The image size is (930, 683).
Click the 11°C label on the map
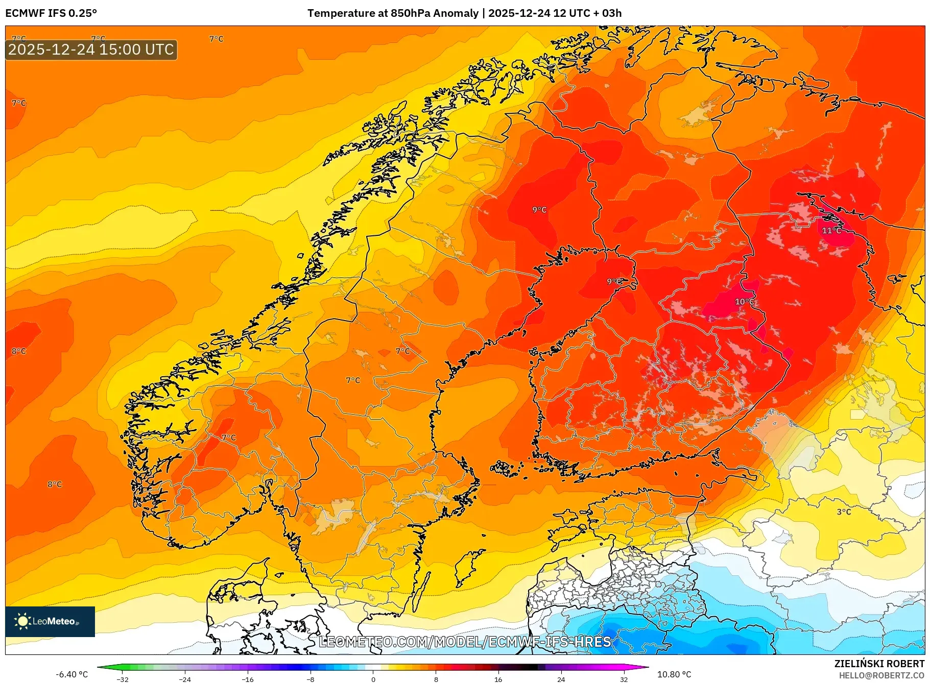pos(831,231)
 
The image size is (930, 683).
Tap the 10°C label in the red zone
pos(744,302)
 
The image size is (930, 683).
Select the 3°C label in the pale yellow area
pos(844,511)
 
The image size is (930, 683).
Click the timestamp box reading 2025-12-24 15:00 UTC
pos(91,50)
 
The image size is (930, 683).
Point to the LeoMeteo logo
pos(50,621)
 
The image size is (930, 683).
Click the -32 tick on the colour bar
pos(123,679)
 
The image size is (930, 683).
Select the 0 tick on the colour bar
pos(373,679)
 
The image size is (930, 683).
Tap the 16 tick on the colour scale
pos(498,679)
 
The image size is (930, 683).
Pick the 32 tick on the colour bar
pos(624,679)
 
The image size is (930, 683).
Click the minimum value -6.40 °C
pos(72,674)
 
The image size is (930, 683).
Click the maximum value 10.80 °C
pos(674,674)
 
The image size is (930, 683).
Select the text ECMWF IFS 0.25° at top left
pos(51,13)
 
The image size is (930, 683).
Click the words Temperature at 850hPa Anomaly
pos(393,13)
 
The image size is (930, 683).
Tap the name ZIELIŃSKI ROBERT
pos(879,664)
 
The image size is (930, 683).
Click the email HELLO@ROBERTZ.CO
pos(881,675)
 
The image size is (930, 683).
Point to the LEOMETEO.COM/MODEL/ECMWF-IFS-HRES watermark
pos(465,642)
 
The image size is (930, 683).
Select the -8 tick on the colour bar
pos(311,679)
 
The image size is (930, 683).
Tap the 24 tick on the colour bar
pos(561,679)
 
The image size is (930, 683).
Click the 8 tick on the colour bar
pos(436,679)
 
